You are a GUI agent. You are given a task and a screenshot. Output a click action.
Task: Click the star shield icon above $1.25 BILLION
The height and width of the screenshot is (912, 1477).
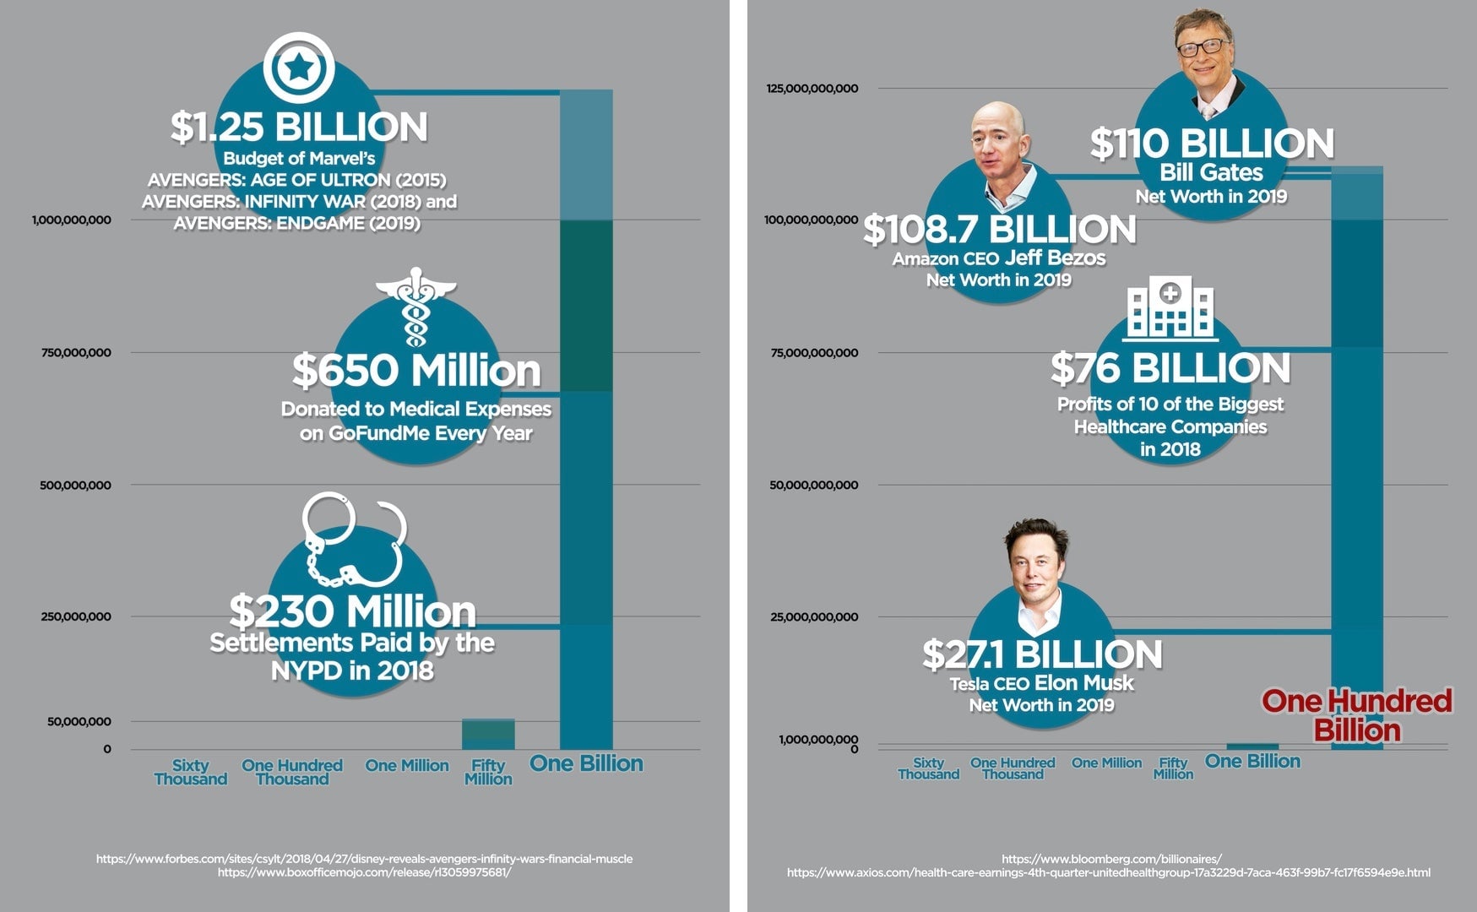[x=299, y=68]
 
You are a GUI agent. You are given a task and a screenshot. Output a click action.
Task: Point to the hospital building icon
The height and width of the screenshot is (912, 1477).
[x=1170, y=307]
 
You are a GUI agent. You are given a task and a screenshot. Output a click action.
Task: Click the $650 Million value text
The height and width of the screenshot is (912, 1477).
[x=416, y=371]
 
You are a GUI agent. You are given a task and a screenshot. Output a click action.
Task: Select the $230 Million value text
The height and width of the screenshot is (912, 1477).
[x=352, y=611]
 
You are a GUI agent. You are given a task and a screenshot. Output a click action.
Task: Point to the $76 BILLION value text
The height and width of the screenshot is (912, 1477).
[x=1170, y=368]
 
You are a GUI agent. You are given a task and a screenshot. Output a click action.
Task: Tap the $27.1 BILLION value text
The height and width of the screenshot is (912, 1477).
[x=1042, y=654]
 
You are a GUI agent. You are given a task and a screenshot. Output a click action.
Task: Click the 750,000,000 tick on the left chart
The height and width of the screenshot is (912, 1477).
[x=76, y=353]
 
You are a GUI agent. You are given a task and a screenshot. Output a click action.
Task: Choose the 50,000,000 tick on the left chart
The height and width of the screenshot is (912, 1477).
[x=79, y=722]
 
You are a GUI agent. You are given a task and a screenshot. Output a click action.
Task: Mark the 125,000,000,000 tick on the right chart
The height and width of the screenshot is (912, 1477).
[x=812, y=89]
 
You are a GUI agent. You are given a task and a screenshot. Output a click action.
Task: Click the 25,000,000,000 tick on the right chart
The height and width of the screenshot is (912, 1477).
[x=814, y=617]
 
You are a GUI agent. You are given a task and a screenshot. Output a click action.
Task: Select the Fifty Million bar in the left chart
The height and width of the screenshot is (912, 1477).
[x=488, y=734]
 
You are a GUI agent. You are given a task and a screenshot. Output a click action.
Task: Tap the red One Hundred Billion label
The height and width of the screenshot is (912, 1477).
[x=1357, y=714]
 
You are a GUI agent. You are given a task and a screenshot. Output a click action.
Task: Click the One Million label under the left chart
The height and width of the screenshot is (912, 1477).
[x=407, y=766]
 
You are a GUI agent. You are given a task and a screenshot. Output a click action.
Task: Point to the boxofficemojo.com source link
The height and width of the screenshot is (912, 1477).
[x=364, y=872]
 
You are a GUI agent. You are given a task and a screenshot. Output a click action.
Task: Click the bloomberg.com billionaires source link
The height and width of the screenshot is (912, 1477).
[x=1111, y=859]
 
